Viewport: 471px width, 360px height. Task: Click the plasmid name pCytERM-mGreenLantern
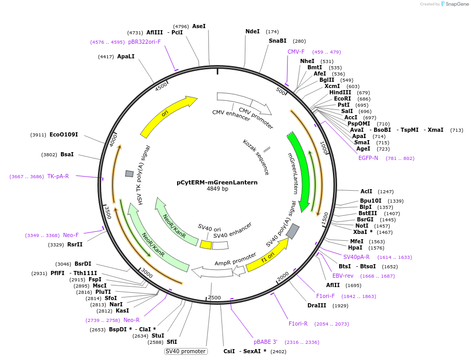coord(217,182)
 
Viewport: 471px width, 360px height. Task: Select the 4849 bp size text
coord(217,189)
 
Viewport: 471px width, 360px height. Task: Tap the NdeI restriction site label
coord(253,31)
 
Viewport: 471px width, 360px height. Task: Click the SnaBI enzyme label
coord(278,41)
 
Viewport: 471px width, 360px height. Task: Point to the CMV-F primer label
coord(296,52)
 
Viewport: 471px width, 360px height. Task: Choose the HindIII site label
coord(340,92)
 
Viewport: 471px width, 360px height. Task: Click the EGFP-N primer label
coord(368,158)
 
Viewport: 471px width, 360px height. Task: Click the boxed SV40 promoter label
coord(185,351)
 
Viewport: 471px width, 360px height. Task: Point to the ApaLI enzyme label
coord(126,56)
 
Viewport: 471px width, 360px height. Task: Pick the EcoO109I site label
coord(64,134)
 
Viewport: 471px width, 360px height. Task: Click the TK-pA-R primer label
coord(58,176)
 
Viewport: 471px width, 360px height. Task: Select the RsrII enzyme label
coord(75,244)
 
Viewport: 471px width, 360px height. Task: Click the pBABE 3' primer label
coord(266,342)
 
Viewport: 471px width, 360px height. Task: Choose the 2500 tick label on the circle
coord(215,297)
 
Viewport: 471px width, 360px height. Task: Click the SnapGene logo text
coord(455,4)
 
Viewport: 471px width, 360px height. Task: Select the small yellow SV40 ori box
coord(206,244)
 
